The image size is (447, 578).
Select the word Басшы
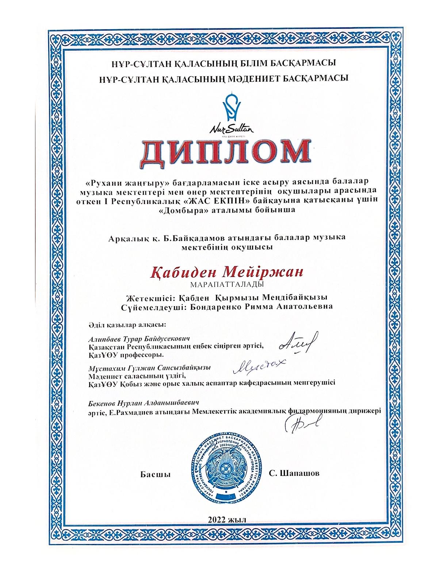pos(156,474)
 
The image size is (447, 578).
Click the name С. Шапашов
pos(294,473)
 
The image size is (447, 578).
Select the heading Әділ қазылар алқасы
pos(127,324)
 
